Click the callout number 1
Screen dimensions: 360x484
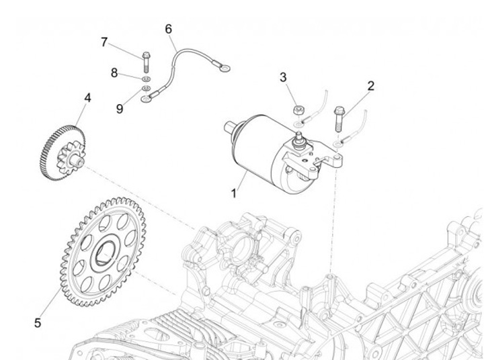tap(234, 193)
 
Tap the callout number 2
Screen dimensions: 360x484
tap(370, 86)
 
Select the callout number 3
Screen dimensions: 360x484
tap(284, 77)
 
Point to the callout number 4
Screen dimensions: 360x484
tap(87, 98)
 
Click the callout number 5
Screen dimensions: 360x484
tap(38, 322)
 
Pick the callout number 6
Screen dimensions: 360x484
tap(169, 29)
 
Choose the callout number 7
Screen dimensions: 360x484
tap(104, 42)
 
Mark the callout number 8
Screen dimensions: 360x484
tap(114, 73)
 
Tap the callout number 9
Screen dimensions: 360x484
tap(120, 108)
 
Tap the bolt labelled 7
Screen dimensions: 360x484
tap(145, 61)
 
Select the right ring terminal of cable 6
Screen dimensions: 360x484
tap(224, 66)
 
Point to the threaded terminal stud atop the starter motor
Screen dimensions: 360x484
tap(298, 137)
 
